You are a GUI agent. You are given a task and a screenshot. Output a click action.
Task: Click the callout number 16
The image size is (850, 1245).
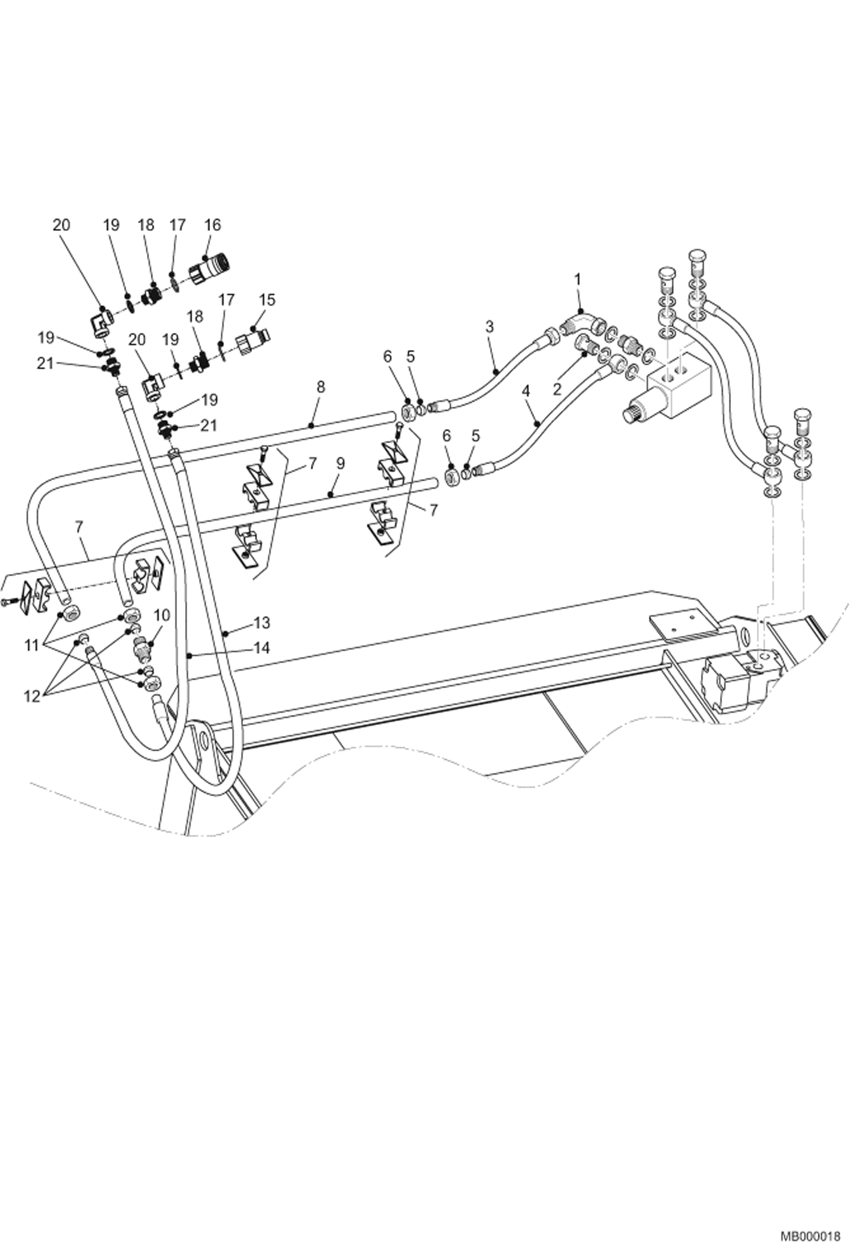click(212, 225)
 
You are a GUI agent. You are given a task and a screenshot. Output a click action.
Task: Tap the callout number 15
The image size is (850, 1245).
click(267, 300)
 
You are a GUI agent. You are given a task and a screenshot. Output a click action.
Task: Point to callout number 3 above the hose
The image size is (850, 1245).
click(490, 327)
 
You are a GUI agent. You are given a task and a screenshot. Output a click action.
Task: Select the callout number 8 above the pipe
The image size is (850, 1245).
click(321, 387)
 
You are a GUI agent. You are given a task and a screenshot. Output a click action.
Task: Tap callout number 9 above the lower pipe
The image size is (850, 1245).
click(340, 464)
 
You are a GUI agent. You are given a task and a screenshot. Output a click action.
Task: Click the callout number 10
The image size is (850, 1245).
click(162, 615)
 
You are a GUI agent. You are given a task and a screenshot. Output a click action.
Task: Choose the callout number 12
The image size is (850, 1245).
click(32, 696)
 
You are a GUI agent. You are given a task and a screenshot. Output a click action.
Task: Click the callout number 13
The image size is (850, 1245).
click(262, 623)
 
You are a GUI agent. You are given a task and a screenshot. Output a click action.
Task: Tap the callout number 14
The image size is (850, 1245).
click(262, 647)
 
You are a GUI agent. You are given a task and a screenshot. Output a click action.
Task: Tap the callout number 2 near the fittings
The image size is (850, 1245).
click(557, 389)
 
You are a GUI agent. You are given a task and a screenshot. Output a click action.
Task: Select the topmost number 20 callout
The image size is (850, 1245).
click(61, 225)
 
